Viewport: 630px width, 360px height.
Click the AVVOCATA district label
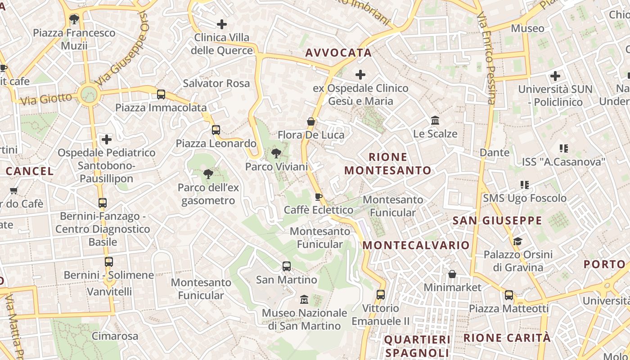[x=338, y=53]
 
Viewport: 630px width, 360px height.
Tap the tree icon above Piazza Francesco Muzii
[x=74, y=19]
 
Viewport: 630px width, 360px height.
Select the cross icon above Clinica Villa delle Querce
[x=222, y=24]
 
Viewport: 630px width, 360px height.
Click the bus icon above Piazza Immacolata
[x=161, y=94]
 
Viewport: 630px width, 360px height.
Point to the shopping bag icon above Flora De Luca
[x=310, y=121]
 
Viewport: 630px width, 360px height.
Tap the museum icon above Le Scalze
[x=435, y=121]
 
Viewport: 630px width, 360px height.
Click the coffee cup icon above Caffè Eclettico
[x=319, y=197]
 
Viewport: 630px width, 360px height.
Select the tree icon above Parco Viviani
[x=276, y=154]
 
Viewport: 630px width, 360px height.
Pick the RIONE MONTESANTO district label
[x=388, y=164]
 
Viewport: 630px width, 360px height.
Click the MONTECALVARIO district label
[x=416, y=245]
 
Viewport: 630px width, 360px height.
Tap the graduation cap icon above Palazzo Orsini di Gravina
[x=517, y=241]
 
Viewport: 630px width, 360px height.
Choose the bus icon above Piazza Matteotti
[x=509, y=295]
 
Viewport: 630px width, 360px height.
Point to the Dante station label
[x=495, y=153]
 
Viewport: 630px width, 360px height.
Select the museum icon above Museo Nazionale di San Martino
[x=304, y=299]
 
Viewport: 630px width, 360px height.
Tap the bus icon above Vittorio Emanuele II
[x=381, y=295]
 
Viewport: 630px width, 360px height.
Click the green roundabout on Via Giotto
[x=89, y=94]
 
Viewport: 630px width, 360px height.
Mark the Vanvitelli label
[x=109, y=291]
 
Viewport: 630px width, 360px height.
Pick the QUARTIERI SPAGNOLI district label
[x=417, y=346]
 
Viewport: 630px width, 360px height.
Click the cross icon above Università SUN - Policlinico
[x=555, y=76]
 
